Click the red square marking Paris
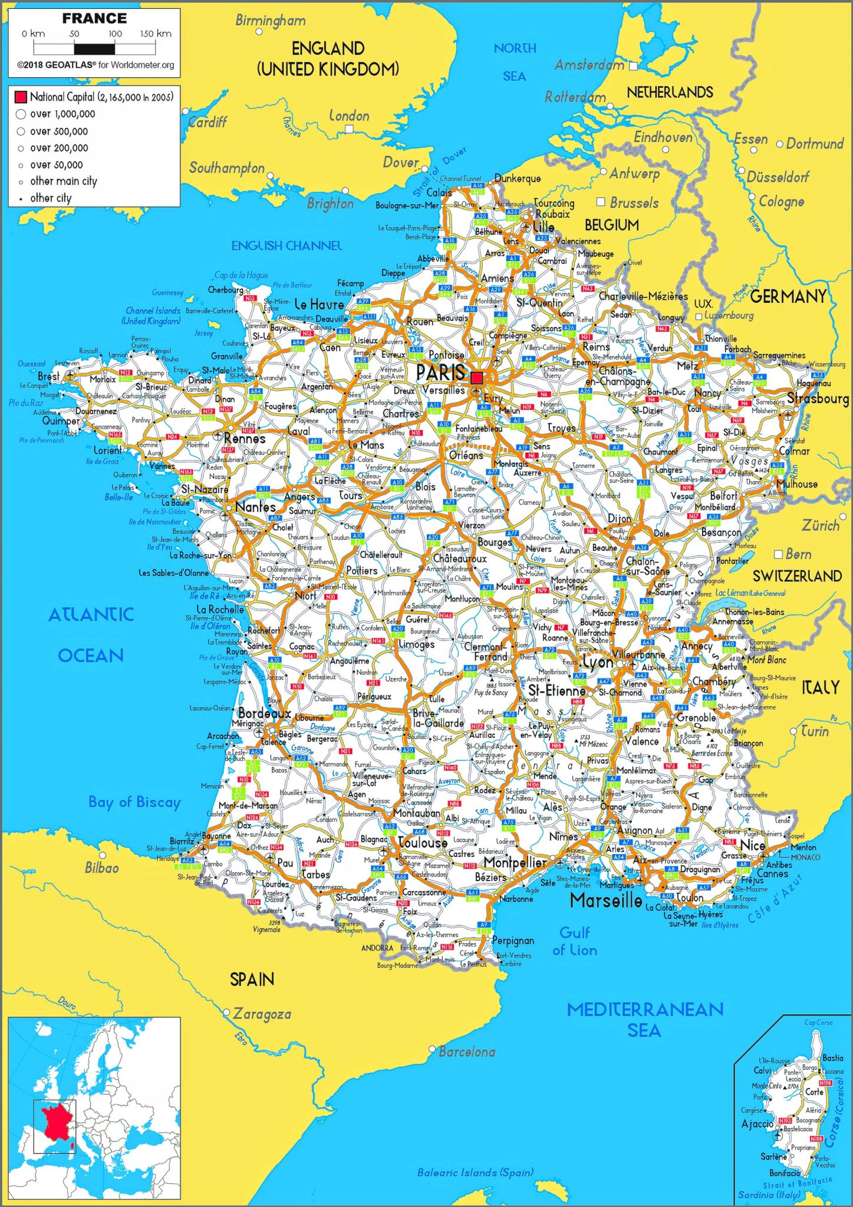(x=477, y=377)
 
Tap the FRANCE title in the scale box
(x=94, y=19)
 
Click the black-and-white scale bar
(x=94, y=49)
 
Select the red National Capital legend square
(x=21, y=97)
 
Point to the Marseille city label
(x=606, y=900)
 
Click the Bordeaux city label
(x=265, y=713)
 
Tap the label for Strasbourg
(x=818, y=399)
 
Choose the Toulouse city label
(x=423, y=843)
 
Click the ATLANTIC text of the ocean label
(x=91, y=615)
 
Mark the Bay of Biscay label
(x=134, y=802)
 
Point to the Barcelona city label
(x=467, y=1052)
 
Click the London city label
(x=349, y=116)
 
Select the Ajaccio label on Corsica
(x=758, y=1124)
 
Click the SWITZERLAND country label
(x=797, y=576)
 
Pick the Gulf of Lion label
(x=575, y=941)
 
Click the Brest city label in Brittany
(x=48, y=376)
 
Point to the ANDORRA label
(x=377, y=948)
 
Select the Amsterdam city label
(x=589, y=65)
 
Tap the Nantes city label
(x=255, y=507)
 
